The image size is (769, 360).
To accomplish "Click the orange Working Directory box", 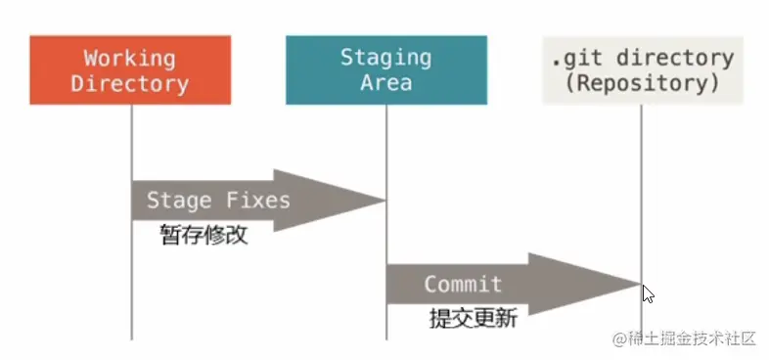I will tap(130, 69).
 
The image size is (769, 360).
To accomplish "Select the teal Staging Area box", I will tap(385, 69).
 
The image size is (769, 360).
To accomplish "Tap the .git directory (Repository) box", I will tap(642, 69).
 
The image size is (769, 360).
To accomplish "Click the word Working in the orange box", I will tap(130, 58).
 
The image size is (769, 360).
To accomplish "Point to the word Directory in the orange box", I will tap(130, 82).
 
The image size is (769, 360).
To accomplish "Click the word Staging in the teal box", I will tap(385, 57).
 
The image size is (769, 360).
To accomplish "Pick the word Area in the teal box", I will tap(385, 82).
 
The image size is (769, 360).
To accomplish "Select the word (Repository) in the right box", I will tap(642, 82).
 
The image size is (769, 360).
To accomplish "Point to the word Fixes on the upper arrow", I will tap(258, 201).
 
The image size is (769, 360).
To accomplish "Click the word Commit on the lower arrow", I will tap(463, 285).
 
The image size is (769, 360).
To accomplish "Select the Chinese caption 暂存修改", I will tap(204, 235).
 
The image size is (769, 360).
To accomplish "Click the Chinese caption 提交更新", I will tap(473, 318).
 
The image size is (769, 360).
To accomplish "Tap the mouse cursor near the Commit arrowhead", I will tap(648, 293).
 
